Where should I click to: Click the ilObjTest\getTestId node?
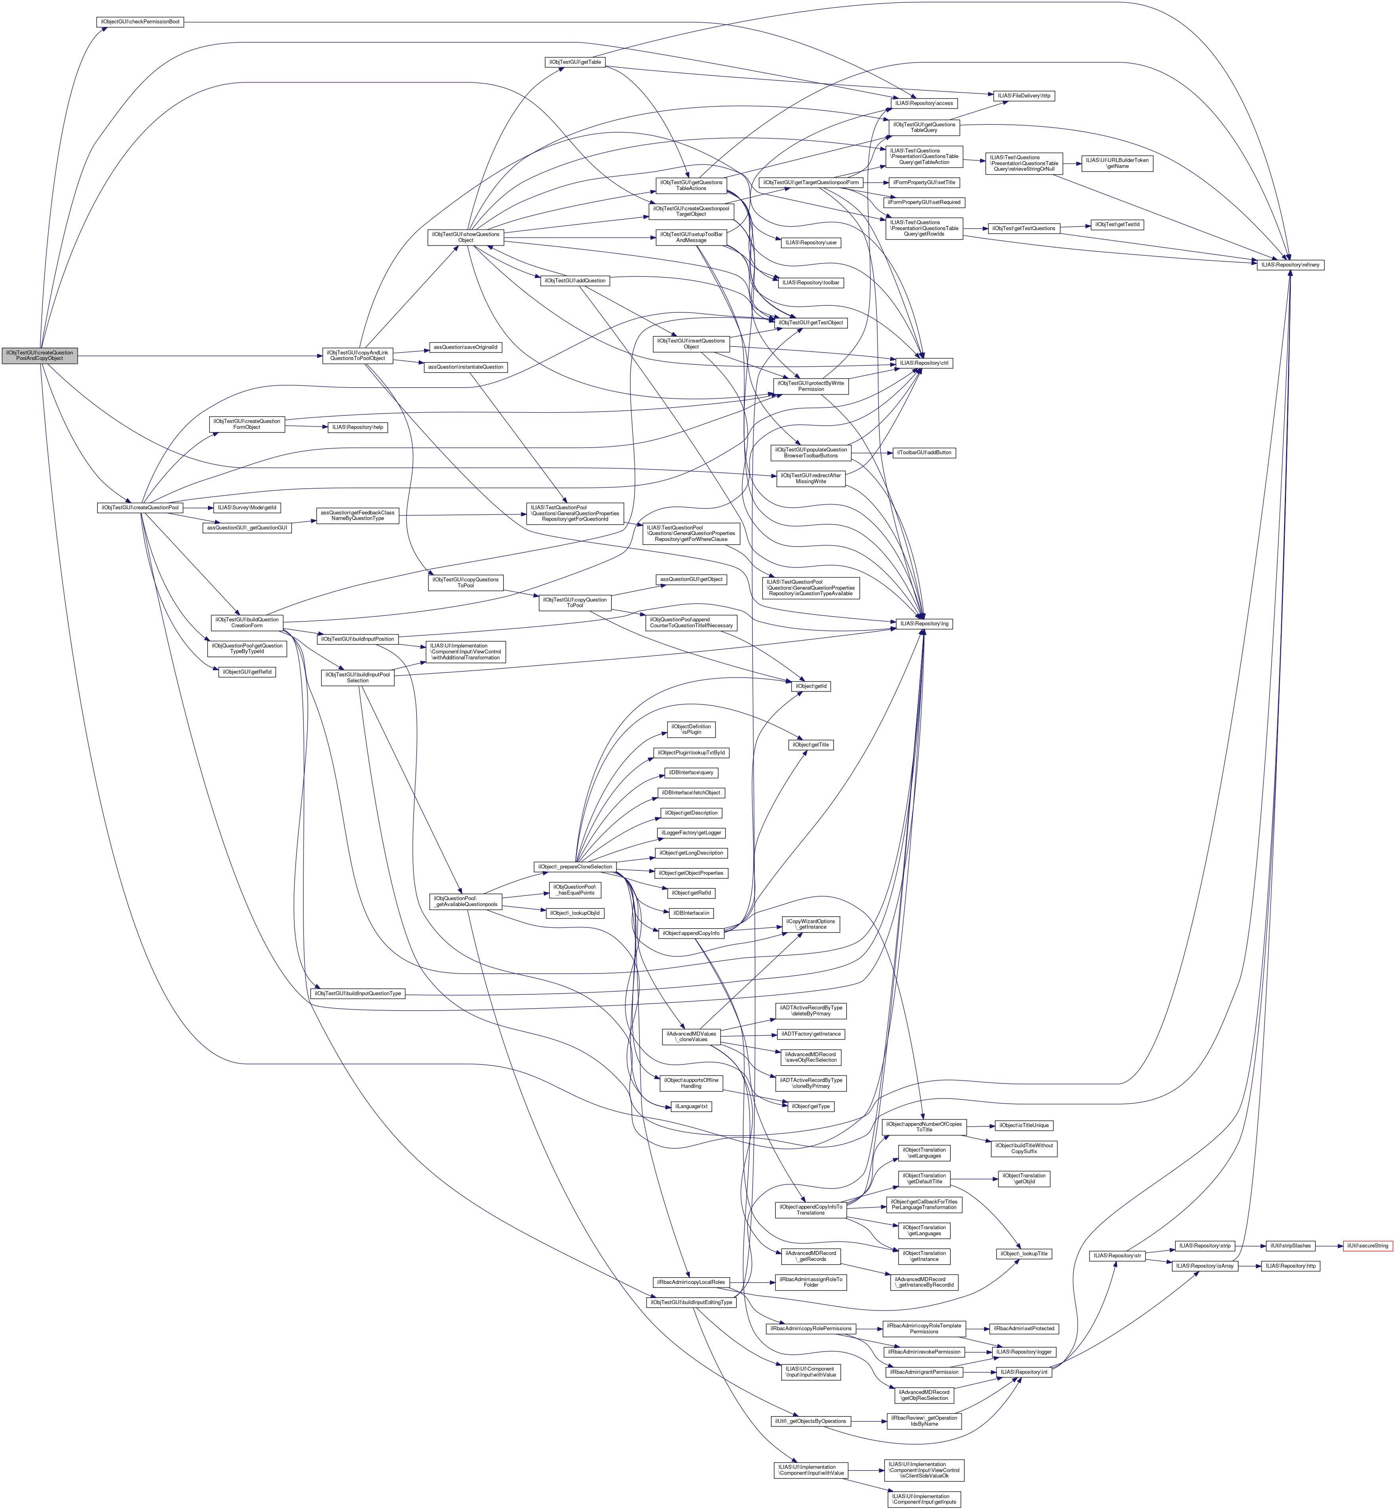[x=1117, y=225]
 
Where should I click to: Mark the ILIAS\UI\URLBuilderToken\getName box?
[x=1117, y=163]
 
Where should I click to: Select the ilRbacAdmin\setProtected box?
[x=1024, y=1328]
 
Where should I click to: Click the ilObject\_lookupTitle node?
[x=1024, y=1253]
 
